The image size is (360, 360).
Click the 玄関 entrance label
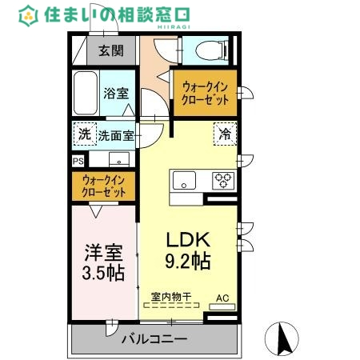click(x=111, y=52)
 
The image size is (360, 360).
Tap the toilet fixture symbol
click(x=210, y=50)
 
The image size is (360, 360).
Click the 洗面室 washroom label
click(x=115, y=136)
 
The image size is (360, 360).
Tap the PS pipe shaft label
click(x=78, y=160)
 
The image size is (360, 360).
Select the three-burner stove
click(x=222, y=180)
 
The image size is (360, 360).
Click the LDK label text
click(x=187, y=239)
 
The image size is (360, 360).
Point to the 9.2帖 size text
click(x=188, y=261)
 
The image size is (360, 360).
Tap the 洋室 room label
click(x=104, y=254)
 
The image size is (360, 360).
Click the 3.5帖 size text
click(x=104, y=273)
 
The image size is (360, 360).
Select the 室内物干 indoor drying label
click(x=171, y=298)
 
